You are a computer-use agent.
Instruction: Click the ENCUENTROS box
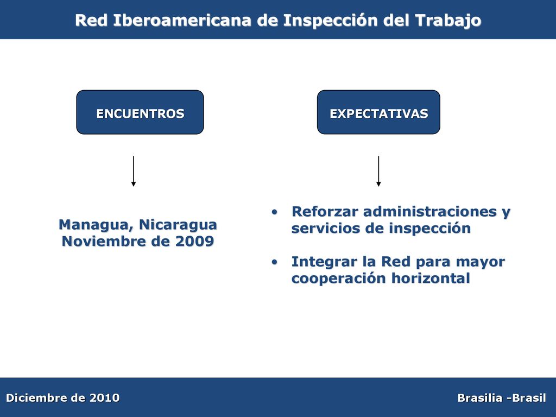[140, 112]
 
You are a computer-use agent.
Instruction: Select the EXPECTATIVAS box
[378, 112]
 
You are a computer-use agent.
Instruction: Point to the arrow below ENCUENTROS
[134, 171]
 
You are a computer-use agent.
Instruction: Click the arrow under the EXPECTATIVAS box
[378, 171]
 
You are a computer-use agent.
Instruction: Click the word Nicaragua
[178, 225]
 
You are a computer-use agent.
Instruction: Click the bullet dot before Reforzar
[274, 212]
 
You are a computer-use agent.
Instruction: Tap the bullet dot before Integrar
[274, 262]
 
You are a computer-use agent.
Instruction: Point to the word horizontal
[431, 278]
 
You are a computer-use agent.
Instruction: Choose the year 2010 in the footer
[104, 398]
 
